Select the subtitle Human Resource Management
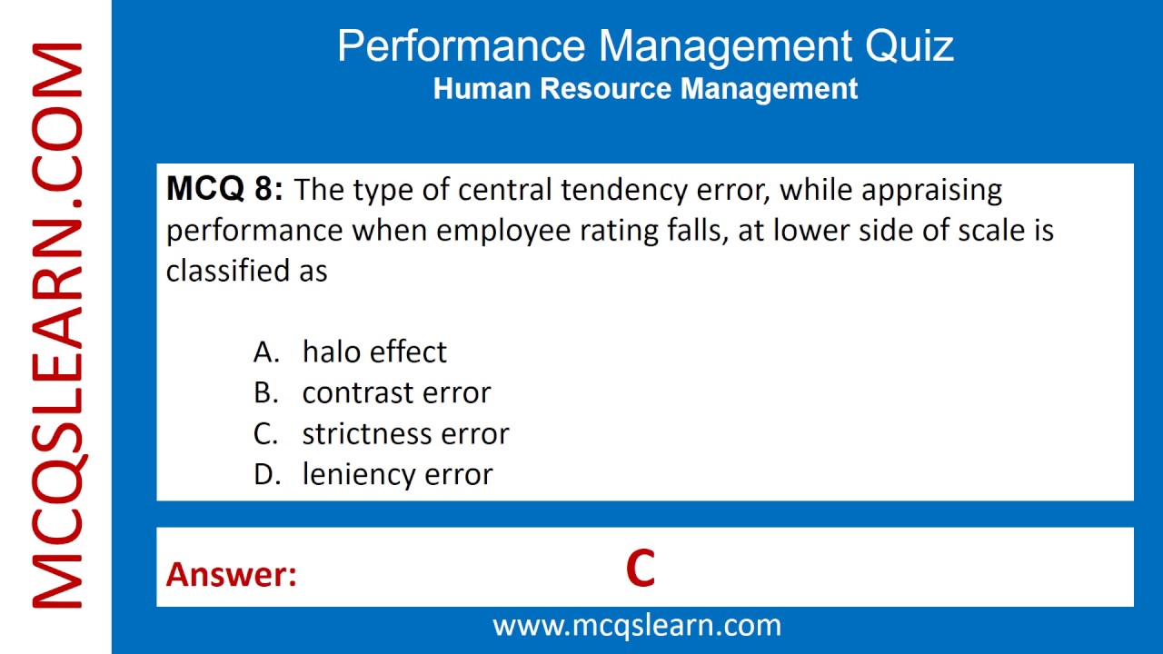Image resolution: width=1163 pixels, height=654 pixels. pyautogui.click(x=645, y=89)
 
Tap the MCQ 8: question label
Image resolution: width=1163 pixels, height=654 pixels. pyautogui.click(x=224, y=190)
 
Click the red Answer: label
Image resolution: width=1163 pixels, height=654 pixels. pyautogui.click(x=232, y=574)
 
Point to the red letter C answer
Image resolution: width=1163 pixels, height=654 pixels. pyautogui.click(x=640, y=570)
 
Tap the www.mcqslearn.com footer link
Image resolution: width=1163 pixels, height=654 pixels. pyautogui.click(x=636, y=625)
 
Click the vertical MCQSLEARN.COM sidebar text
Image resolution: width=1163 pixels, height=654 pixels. pyautogui.click(x=56, y=327)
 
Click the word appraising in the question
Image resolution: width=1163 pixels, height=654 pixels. pyautogui.click(x=931, y=191)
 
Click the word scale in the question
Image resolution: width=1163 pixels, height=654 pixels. pyautogui.click(x=991, y=231)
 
